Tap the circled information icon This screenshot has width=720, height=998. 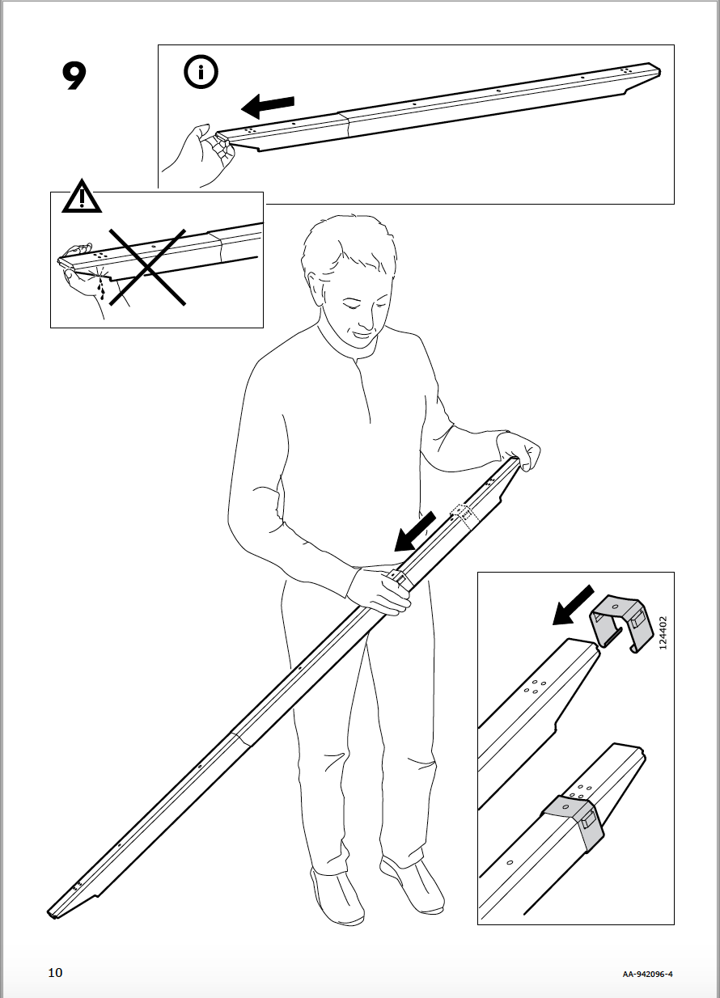pyautogui.click(x=201, y=73)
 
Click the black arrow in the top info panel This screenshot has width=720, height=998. pyautogui.click(x=268, y=105)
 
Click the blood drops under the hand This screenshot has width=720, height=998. pyautogui.click(x=100, y=286)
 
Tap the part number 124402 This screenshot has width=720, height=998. pyautogui.click(x=663, y=633)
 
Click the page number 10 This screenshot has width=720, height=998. pyautogui.click(x=55, y=972)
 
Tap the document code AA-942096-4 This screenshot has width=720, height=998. pyautogui.click(x=647, y=974)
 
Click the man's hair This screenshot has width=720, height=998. pyautogui.click(x=348, y=243)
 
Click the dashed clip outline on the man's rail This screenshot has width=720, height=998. pyautogui.click(x=463, y=514)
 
